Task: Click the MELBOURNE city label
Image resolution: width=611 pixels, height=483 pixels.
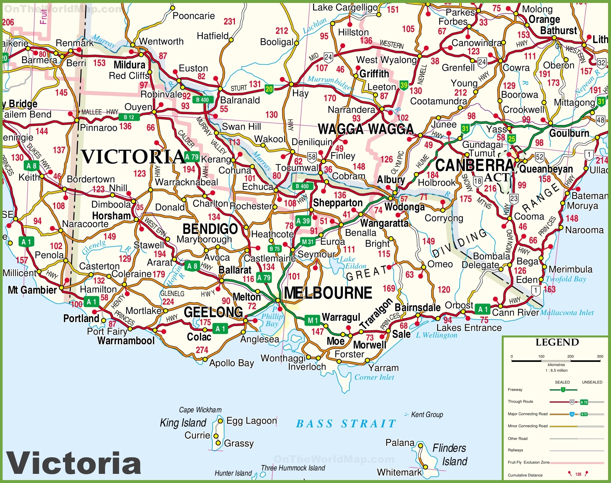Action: point(328,293)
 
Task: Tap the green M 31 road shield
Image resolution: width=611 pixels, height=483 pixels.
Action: point(308,242)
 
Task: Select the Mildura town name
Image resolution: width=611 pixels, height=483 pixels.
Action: point(130,65)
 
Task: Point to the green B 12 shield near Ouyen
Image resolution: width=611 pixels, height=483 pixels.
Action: point(129,117)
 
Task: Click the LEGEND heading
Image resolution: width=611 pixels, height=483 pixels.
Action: point(557,342)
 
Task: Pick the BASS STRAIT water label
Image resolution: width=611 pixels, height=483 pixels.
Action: point(346,424)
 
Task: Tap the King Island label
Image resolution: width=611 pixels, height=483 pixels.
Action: point(183,423)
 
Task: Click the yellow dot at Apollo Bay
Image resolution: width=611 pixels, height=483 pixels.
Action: point(205,359)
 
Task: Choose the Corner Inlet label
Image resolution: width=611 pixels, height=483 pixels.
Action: point(374,377)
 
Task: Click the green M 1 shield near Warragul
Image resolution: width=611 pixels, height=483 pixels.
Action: point(313,320)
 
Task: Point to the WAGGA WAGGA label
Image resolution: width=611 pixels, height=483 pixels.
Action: point(365,129)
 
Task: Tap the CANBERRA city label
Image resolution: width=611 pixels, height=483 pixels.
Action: point(474,165)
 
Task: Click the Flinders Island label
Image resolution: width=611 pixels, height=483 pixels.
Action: point(450,454)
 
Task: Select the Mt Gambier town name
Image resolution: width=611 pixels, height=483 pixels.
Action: point(32,290)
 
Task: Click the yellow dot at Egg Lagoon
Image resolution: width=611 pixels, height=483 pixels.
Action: point(220,421)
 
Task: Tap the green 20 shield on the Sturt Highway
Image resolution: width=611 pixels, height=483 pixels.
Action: point(269,89)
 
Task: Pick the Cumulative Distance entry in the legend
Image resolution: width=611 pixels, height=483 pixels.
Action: point(525,475)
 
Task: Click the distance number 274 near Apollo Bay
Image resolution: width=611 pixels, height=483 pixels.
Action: point(202,350)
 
